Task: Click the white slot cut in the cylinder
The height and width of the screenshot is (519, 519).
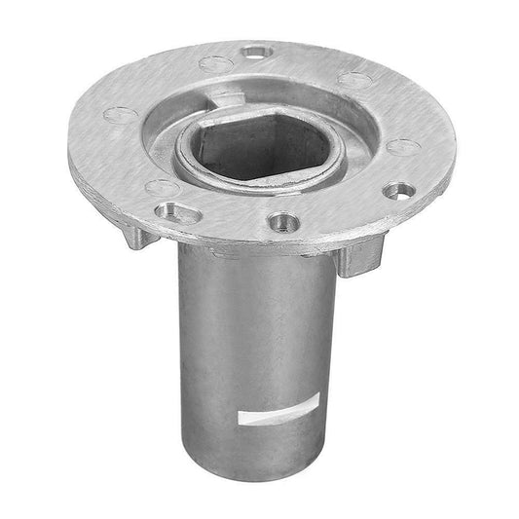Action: tap(278, 417)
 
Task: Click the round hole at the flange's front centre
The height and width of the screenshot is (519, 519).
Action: tap(282, 222)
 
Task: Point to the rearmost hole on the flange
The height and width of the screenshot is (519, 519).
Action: tap(256, 51)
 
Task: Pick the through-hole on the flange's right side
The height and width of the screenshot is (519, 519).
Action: tap(397, 190)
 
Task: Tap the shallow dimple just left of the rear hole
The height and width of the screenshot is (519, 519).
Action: tap(215, 64)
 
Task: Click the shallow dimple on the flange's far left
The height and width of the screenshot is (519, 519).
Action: tap(119, 114)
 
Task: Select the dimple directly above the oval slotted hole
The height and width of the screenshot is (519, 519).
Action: tap(161, 185)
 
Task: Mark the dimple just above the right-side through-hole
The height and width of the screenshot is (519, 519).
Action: tap(403, 147)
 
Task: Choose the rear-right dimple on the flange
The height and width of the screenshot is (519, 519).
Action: tap(357, 80)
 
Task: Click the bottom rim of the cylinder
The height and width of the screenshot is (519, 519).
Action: tap(260, 496)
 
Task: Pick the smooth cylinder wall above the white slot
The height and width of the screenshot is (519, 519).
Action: tap(258, 331)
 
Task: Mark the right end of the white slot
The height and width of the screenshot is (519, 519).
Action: tap(316, 411)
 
